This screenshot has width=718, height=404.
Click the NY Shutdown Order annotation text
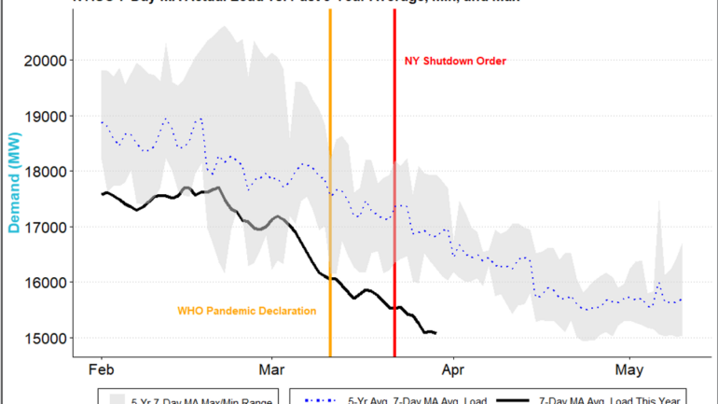(455, 62)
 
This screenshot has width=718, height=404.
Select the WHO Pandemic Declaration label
(247, 311)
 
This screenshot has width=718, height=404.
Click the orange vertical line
(330, 187)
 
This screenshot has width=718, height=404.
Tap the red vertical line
(394, 187)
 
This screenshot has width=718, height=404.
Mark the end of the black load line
(435, 333)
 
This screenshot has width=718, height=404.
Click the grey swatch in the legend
(117, 399)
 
